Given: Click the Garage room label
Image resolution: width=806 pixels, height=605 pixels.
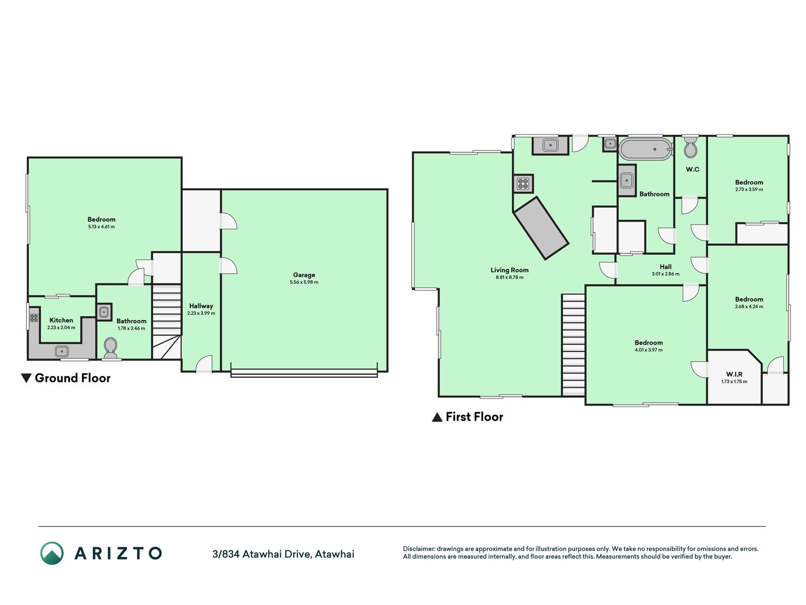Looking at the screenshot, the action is pyautogui.click(x=304, y=275).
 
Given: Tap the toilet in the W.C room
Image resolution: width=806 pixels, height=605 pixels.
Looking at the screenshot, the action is pyautogui.click(x=690, y=147).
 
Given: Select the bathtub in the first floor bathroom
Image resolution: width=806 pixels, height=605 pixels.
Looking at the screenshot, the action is pyautogui.click(x=645, y=149).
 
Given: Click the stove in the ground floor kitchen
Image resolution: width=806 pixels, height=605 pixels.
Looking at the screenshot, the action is pyautogui.click(x=34, y=318).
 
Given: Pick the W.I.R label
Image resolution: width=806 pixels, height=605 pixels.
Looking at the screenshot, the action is pyautogui.click(x=734, y=374).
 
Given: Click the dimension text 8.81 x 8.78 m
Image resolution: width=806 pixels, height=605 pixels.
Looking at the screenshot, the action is pyautogui.click(x=509, y=277).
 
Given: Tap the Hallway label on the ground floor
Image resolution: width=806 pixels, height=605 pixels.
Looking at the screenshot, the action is pyautogui.click(x=201, y=306).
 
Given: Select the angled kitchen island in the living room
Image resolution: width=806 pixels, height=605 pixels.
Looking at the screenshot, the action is pyautogui.click(x=541, y=228).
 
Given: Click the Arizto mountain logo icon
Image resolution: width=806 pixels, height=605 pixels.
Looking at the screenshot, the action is pyautogui.click(x=52, y=553).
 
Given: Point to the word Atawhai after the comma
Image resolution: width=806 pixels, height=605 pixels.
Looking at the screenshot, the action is pyautogui.click(x=335, y=554).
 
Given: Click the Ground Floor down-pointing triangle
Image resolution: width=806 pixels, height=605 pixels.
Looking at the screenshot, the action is pyautogui.click(x=26, y=378).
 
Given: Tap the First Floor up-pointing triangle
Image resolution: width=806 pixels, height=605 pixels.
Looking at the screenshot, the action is pyautogui.click(x=437, y=417).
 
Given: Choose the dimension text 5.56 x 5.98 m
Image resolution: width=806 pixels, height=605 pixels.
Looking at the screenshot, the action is pyautogui.click(x=304, y=282).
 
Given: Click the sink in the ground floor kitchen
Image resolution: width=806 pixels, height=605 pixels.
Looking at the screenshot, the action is pyautogui.click(x=62, y=351).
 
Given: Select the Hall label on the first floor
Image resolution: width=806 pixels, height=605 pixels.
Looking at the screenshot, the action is pyautogui.click(x=666, y=267).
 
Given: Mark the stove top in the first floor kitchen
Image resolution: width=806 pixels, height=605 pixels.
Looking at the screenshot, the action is pyautogui.click(x=523, y=183).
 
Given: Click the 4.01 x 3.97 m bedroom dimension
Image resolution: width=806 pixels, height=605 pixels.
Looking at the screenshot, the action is pyautogui.click(x=648, y=350).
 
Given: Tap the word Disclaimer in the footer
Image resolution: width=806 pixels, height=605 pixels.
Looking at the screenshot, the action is pyautogui.click(x=419, y=549).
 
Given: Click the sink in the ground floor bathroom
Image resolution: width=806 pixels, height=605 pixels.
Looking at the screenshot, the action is pyautogui.click(x=104, y=312).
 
